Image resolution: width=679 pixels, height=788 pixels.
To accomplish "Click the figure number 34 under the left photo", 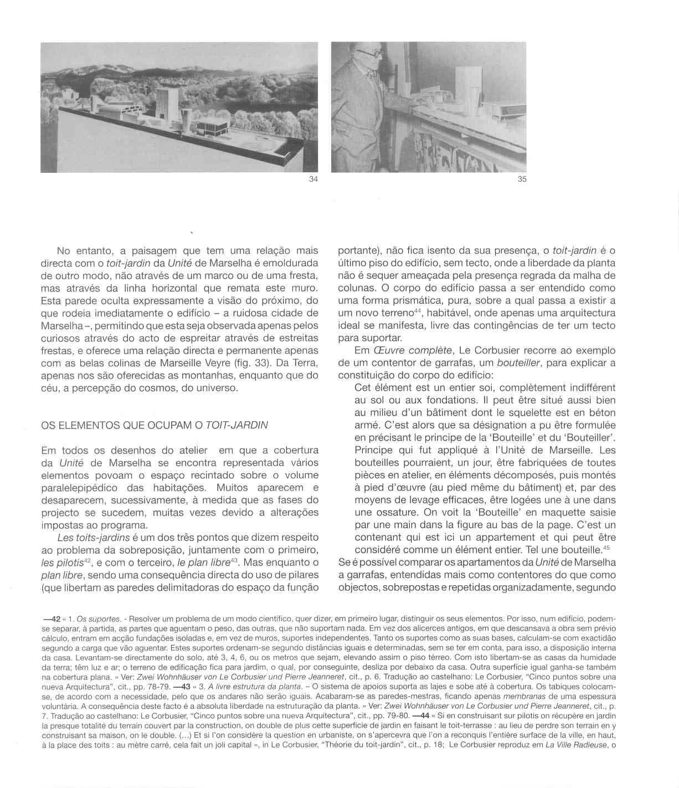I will coord(313,179).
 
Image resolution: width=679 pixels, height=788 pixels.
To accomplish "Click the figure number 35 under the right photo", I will coord(522,179).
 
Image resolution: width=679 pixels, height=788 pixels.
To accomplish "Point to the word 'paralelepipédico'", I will coord(79,488).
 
